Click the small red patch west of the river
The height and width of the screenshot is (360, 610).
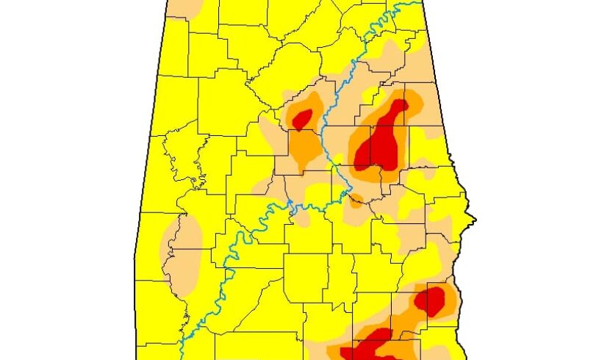click(x=302, y=118)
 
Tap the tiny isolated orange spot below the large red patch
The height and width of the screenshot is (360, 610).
click(x=356, y=198)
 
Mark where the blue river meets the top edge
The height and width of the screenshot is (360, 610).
click(x=403, y=2)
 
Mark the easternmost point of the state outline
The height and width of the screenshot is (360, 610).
click(x=476, y=219)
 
